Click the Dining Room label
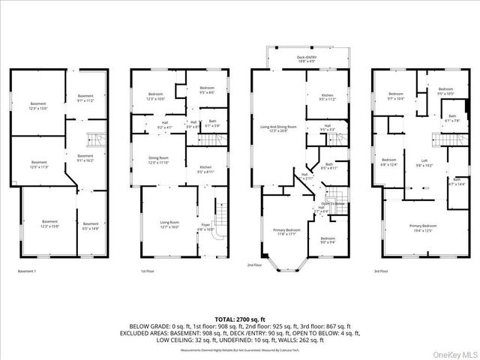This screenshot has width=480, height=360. click(157, 159)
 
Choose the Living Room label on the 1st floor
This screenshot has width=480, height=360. click(169, 223)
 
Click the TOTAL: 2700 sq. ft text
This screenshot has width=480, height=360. click(240, 319)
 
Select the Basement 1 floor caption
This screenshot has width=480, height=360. click(27, 271)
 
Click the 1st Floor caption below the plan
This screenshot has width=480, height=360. click(148, 271)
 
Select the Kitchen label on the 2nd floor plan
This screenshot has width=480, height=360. click(328, 96)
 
